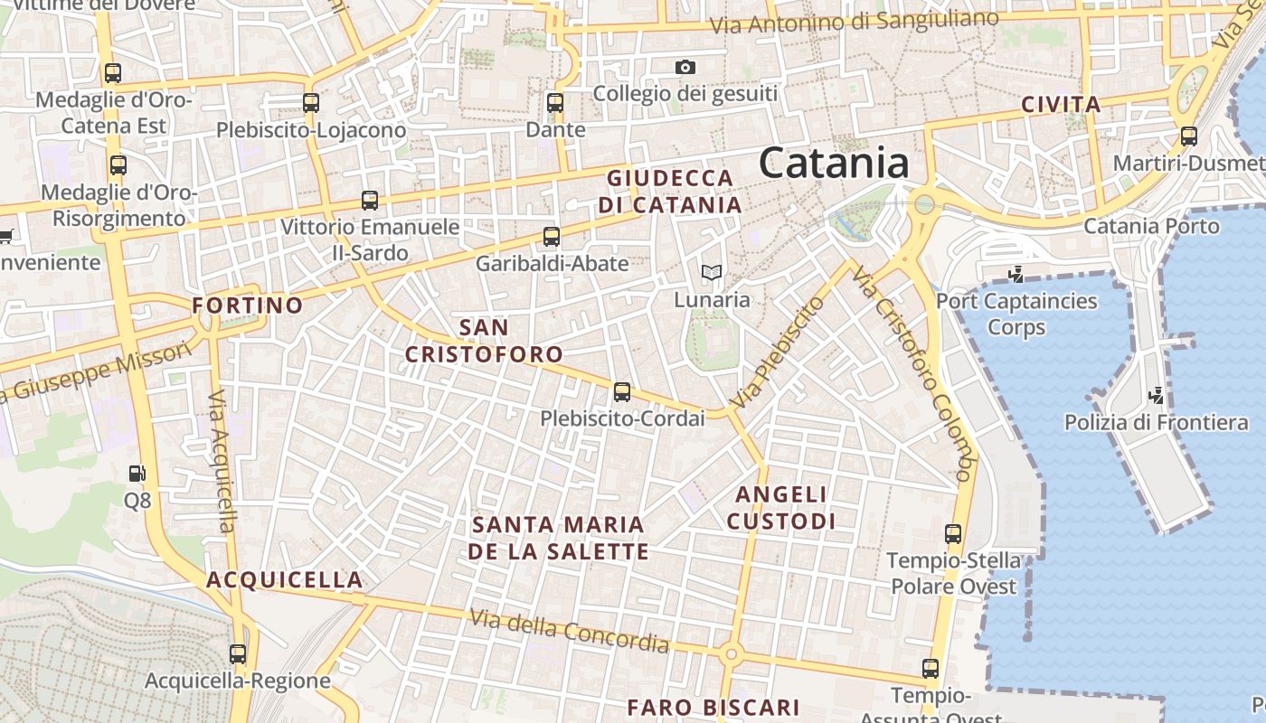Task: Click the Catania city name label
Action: click(x=834, y=164)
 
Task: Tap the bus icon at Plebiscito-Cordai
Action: click(x=622, y=391)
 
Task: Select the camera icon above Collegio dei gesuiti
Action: click(x=685, y=67)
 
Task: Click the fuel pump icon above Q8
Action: click(x=137, y=473)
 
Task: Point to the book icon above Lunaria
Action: click(x=712, y=271)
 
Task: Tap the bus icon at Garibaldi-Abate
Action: click(x=552, y=237)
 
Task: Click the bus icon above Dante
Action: click(x=555, y=103)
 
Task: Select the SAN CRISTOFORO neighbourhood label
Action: click(x=484, y=341)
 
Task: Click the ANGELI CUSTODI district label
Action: click(x=781, y=508)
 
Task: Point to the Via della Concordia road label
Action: click(x=570, y=631)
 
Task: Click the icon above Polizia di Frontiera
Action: click(x=1156, y=395)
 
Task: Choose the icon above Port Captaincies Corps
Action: click(x=1016, y=273)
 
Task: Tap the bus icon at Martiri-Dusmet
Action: click(x=1188, y=136)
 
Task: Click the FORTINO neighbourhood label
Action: click(x=247, y=305)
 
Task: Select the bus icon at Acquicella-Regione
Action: click(x=238, y=653)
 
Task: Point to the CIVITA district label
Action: click(x=1061, y=105)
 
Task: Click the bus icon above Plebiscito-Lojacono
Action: click(x=311, y=103)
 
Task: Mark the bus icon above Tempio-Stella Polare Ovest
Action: click(x=953, y=533)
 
